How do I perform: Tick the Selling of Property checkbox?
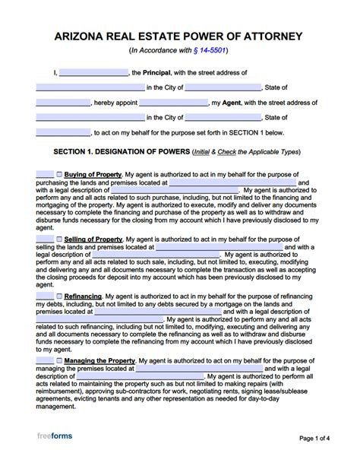tap(60, 239)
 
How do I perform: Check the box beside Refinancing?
tap(60, 295)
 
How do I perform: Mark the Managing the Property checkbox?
tap(60, 360)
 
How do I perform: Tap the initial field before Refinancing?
tap(45, 295)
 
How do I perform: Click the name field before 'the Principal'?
tap(93, 73)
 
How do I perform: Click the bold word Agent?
tap(231, 103)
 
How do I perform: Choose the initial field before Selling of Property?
tap(45, 239)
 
